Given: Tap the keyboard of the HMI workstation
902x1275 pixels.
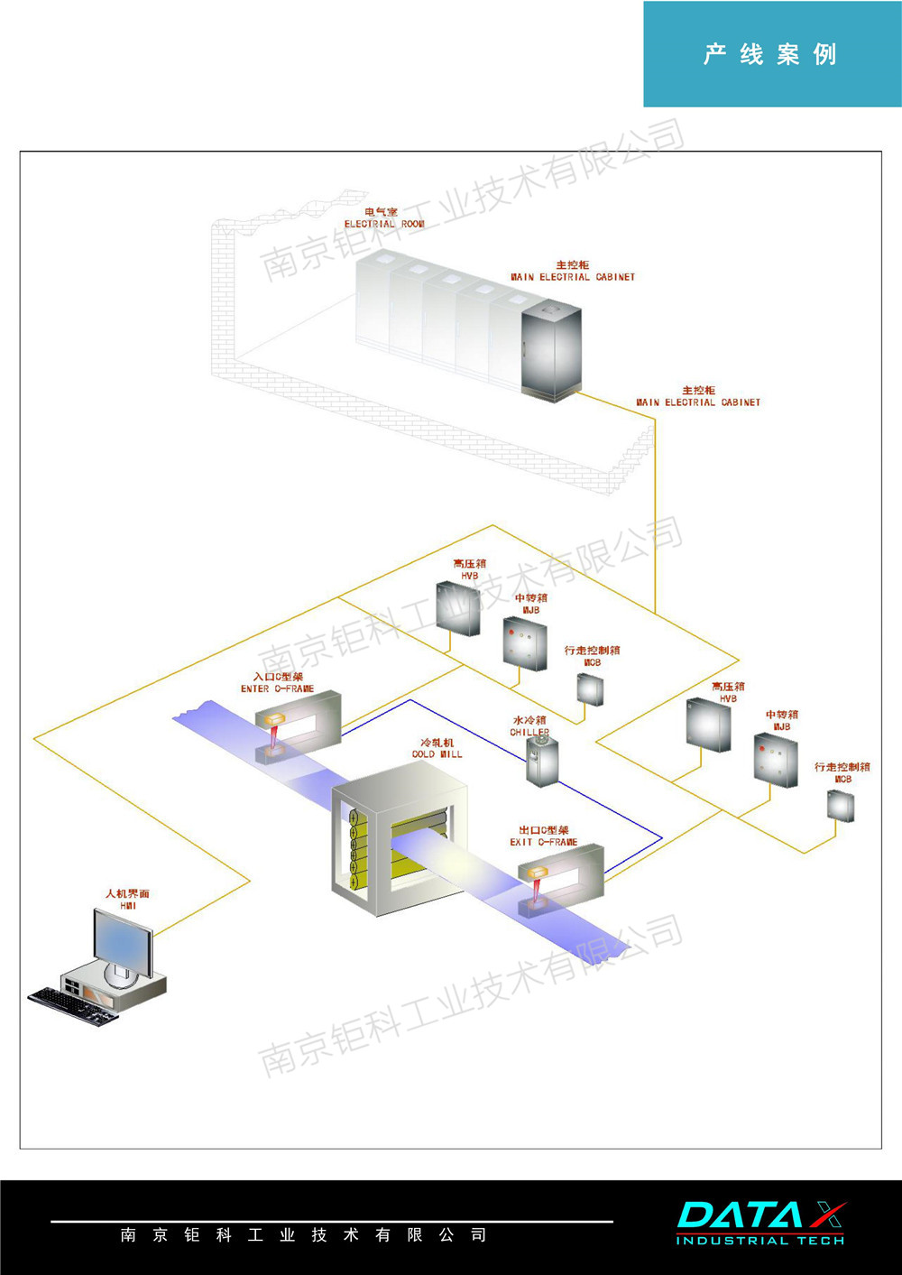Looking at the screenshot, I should coord(72,1004).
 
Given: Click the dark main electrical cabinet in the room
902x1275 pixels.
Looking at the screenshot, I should coord(551,352).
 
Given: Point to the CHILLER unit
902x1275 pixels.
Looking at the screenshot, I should coord(542,761).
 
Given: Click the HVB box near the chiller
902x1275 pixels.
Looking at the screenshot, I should coord(458,608).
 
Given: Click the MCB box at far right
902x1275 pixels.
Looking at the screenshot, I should coord(841,805).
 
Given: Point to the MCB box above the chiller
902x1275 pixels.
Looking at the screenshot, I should coord(590,689).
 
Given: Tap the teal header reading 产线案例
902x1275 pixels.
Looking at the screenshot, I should coord(771,54).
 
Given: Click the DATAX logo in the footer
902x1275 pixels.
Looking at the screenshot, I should coord(760,1215).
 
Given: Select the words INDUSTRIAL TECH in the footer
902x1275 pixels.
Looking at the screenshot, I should coord(759,1241).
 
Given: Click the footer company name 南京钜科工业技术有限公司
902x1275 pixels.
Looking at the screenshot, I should coord(303,1234).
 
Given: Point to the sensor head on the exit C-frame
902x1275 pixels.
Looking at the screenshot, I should coord(538,873).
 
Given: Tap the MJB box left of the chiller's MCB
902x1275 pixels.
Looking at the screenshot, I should coord(525,643).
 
